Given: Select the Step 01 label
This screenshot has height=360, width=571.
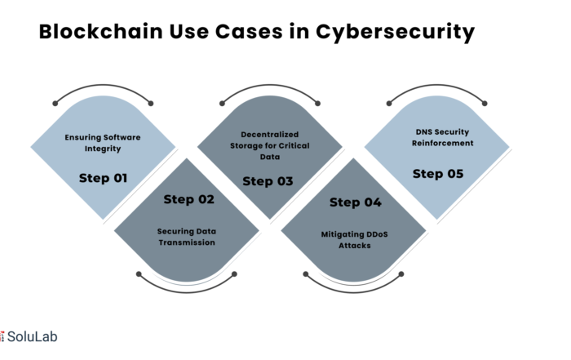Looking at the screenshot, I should (103, 177).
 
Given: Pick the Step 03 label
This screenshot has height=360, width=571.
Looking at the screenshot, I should (268, 181).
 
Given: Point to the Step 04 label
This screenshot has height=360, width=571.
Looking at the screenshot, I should (355, 202).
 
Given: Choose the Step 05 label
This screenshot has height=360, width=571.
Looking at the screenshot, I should (439, 173).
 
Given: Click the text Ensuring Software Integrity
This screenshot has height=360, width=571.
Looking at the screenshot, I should (103, 142).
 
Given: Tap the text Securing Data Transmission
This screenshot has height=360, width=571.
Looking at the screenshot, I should (187, 237).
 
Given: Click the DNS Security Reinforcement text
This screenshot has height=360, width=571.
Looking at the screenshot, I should (439, 137).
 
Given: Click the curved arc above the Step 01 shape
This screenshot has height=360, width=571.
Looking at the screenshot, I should (103, 91).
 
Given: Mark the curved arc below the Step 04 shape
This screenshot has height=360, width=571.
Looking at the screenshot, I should (354, 287).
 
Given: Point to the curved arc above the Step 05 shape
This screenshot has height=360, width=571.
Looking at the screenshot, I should (436, 91).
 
